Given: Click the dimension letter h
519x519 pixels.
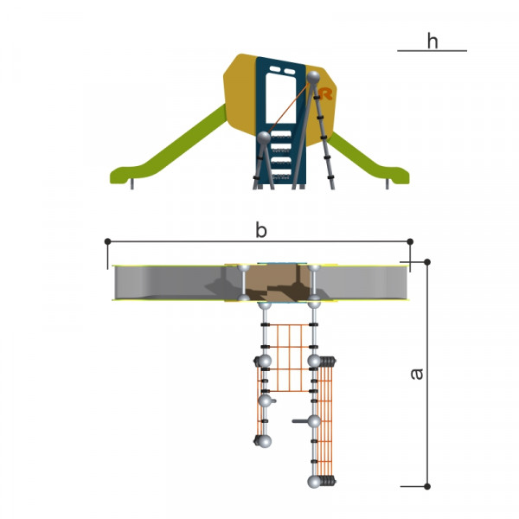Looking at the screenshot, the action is coord(432,41).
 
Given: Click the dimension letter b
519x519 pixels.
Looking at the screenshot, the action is coord(261,230).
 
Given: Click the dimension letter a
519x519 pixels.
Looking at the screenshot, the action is coord(417,374).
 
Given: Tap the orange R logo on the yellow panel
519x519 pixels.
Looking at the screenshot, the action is coord(326,93).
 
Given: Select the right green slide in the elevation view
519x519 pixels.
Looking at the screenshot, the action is coord(368,159).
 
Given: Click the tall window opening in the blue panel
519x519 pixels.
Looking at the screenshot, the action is coord(280,98).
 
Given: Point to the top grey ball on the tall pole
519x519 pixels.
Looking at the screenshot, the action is coord(313,78).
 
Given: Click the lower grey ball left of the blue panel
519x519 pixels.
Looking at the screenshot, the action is coord(264,138).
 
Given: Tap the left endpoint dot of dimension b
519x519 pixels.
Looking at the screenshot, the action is coord(107,241).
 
